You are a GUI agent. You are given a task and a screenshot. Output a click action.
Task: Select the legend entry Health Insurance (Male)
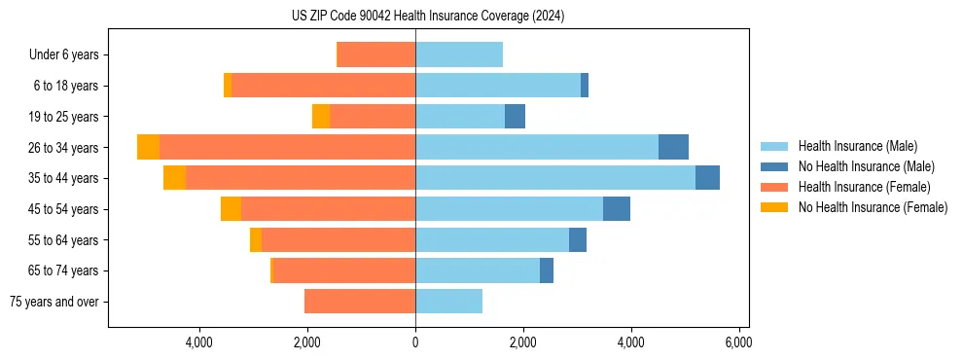tap(857, 146)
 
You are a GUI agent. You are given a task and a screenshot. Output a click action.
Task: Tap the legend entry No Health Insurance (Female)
tap(873, 207)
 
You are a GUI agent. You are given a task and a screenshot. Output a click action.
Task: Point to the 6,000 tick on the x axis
tap(738, 342)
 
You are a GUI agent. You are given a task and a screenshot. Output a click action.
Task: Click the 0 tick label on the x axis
tap(415, 342)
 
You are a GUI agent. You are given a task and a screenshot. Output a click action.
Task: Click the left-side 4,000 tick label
tap(199, 342)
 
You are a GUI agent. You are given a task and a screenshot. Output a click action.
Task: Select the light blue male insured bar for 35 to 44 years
tap(554, 178)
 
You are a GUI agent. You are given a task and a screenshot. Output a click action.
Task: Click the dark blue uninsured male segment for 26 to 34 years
tap(673, 147)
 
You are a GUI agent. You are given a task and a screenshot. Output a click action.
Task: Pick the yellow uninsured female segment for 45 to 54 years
tap(231, 209)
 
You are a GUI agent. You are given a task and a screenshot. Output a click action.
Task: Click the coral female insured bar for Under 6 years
tap(375, 55)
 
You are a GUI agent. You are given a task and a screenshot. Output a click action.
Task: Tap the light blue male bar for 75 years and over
tap(448, 302)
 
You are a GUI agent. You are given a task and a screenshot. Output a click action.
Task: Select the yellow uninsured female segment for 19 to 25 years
tap(321, 117)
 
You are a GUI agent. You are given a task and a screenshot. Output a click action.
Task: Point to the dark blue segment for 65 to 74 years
tap(547, 270)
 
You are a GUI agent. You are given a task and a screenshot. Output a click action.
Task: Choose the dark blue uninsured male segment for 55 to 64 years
tap(578, 239)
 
